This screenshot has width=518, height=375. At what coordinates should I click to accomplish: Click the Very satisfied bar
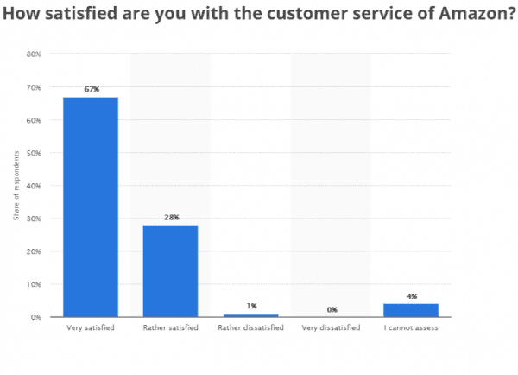pos(92,207)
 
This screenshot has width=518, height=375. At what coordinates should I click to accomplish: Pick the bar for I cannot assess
pos(412,310)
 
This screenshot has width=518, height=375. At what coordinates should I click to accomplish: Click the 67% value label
pos(92,89)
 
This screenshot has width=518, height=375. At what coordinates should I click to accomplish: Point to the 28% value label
pos(172,217)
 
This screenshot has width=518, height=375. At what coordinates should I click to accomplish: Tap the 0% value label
pos(332,309)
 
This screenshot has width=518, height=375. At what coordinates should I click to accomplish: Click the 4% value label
pos(412,296)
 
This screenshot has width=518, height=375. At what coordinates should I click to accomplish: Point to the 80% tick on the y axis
pos(34,54)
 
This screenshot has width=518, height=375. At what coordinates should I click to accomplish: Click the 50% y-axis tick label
pos(34,153)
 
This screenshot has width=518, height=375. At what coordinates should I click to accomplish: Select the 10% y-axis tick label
pos(34,284)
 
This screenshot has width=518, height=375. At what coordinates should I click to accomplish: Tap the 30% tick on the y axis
pos(34,219)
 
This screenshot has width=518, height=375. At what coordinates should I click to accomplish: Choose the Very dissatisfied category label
pos(332,328)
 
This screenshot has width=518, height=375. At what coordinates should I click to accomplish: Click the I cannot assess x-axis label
pos(412,328)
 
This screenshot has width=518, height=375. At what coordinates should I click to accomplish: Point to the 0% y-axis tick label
pos(35,317)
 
